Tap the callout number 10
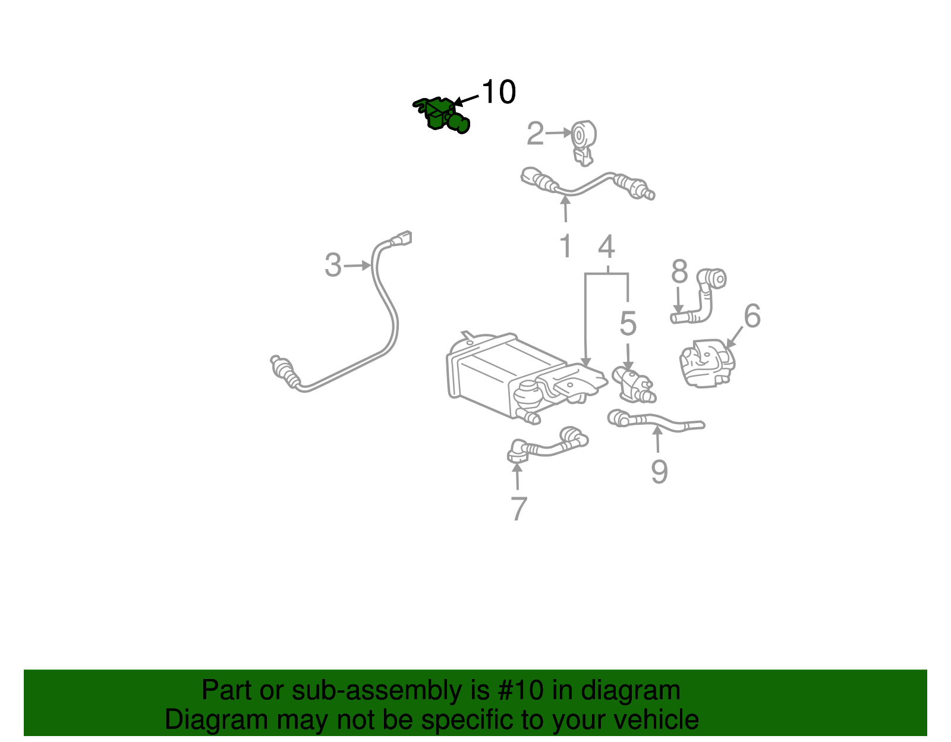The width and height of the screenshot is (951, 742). tap(499, 92)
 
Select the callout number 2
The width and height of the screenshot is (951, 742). tap(535, 133)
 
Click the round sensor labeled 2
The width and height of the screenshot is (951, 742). tap(584, 142)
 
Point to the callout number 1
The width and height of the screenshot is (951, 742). tap(566, 245)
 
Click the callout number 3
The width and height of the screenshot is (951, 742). tap(333, 265)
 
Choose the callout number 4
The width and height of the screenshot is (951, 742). tap(607, 247)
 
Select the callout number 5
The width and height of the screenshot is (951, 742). tap(628, 324)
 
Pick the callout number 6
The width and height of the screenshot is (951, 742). tap(752, 315)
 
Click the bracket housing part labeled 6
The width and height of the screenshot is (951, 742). tap(707, 364)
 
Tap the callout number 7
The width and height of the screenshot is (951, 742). tap(519, 509)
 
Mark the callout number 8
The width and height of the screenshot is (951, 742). tap(679, 271)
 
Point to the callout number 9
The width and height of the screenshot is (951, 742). tap(660, 471)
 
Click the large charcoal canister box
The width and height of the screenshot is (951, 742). tap(503, 376)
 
